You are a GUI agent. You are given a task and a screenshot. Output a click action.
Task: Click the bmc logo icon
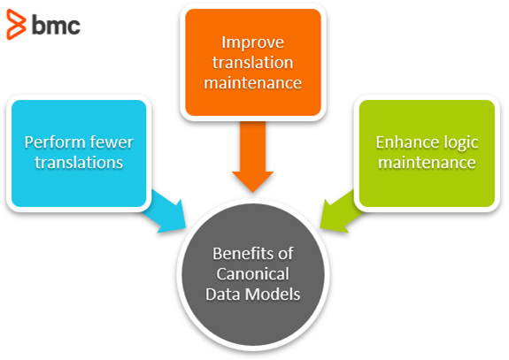tap(16, 26)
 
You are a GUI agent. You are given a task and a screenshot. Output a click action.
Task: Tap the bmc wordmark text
tap(56, 26)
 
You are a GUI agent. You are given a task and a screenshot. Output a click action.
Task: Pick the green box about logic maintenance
tap(426, 152)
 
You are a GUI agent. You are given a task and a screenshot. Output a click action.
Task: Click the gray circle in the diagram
tap(255, 274)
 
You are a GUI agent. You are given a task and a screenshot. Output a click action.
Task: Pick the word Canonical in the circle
tap(255, 274)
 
